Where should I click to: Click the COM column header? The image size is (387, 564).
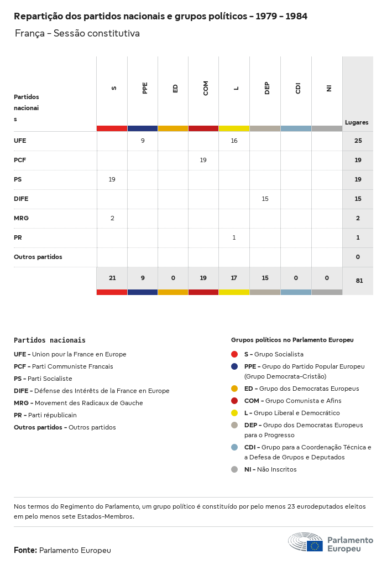[206, 88]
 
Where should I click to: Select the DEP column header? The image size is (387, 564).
[267, 88]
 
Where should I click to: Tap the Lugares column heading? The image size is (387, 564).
[357, 122]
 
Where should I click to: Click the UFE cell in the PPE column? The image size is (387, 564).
[143, 141]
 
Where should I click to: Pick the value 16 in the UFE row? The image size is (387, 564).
[234, 141]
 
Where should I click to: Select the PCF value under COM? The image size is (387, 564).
[203, 160]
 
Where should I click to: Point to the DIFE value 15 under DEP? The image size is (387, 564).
[265, 199]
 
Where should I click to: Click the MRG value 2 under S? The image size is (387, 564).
[112, 218]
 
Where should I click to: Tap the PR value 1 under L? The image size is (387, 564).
[234, 237]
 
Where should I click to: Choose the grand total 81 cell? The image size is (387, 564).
[359, 281]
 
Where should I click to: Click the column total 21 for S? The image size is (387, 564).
[112, 278]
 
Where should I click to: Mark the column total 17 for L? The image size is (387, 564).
[234, 278]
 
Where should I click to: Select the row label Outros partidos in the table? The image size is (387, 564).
[38, 257]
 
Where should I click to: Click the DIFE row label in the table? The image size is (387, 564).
[21, 199]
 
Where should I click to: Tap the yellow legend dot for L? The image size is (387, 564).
[234, 413]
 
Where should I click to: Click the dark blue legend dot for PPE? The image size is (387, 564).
[234, 366]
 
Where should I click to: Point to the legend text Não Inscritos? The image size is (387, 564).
[276, 469]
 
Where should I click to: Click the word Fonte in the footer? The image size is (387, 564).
[25, 550]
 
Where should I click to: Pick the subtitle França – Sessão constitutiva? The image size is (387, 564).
[77, 34]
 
